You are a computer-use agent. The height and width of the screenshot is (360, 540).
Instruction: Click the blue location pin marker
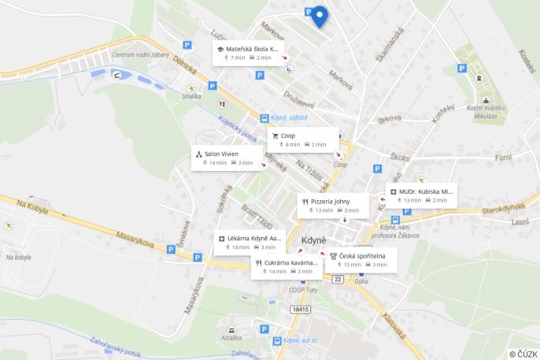(319, 16)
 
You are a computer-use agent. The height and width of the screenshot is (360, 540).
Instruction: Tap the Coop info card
(303, 139)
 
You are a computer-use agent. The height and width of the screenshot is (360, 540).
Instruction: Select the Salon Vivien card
(229, 158)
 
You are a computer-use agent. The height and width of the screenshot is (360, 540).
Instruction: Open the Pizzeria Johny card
(334, 205)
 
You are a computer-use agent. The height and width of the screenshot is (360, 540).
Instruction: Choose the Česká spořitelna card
(361, 259)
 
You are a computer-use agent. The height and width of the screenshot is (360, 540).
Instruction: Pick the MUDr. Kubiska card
(421, 195)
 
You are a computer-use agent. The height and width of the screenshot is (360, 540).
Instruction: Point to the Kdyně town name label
(314, 239)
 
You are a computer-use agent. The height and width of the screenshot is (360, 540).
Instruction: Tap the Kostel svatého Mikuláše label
(486, 112)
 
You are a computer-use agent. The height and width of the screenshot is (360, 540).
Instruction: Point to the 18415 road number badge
(300, 310)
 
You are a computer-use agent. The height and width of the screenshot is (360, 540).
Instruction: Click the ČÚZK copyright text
(523, 354)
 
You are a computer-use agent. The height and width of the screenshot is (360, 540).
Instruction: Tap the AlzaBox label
(231, 337)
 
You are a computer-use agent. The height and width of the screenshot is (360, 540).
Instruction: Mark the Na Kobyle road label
(32, 210)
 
